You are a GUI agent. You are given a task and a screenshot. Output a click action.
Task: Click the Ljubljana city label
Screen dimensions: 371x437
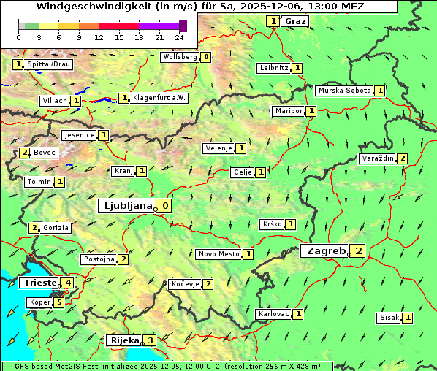point(126,206)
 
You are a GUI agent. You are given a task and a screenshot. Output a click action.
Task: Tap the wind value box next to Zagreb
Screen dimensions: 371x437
point(359,251)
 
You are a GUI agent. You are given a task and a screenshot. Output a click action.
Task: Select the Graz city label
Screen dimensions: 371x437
point(295,21)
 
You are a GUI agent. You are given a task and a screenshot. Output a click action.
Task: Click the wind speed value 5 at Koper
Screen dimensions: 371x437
point(59,302)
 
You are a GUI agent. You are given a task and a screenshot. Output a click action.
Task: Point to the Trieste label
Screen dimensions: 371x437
point(39,283)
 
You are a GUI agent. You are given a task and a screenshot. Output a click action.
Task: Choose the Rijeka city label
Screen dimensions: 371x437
point(123,340)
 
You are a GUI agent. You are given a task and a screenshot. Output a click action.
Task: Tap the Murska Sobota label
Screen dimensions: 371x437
point(343,91)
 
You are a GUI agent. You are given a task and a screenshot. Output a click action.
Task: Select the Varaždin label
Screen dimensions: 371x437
point(378,158)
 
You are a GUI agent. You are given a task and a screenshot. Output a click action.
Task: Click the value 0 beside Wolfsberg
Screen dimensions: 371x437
point(207,56)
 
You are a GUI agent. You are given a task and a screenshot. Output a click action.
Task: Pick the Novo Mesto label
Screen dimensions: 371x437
point(218,254)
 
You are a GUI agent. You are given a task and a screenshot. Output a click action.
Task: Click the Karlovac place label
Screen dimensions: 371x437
point(274,314)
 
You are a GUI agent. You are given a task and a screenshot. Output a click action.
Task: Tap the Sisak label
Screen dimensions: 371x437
point(389,318)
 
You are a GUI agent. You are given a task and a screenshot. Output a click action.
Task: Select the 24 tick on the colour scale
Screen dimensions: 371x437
point(179,37)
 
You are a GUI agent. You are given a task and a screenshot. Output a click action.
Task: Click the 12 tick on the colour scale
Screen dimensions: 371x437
point(98,37)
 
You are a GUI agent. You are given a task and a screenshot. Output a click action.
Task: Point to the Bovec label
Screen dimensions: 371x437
point(45,153)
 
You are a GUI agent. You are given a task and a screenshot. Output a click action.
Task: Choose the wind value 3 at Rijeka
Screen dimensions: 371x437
point(151,340)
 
